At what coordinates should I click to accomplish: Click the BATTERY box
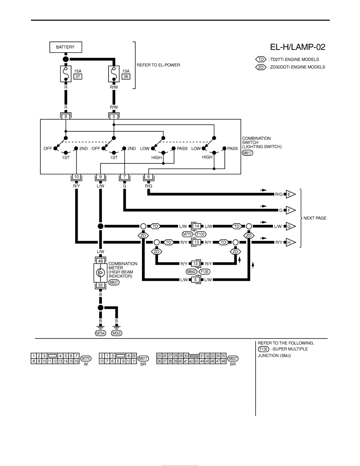pyautogui.click(x=65, y=47)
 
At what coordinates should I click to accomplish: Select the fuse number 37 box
pyautogui.click(x=78, y=76)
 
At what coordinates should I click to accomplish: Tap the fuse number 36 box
pyautogui.click(x=126, y=76)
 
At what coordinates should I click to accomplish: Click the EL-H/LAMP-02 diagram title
pyautogui.click(x=298, y=47)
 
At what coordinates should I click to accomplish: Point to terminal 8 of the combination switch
pyautogui.click(x=66, y=116)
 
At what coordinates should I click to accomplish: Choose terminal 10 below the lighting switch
pyautogui.click(x=76, y=177)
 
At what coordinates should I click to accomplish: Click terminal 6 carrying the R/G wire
pyautogui.click(x=149, y=177)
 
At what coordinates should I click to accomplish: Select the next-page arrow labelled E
pyautogui.click(x=291, y=195)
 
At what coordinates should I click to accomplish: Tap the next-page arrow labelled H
pyautogui.click(x=291, y=242)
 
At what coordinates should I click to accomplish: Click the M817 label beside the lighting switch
pyautogui.click(x=247, y=153)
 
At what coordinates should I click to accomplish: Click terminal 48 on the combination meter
pyautogui.click(x=101, y=261)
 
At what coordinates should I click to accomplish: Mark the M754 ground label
pyautogui.click(x=100, y=333)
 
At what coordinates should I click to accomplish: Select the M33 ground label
pyautogui.click(x=117, y=333)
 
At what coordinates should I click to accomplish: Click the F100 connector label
pyautogui.click(x=201, y=234)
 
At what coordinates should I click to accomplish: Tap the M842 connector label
pyautogui.click(x=191, y=271)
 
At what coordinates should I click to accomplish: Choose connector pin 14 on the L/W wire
pyautogui.click(x=196, y=226)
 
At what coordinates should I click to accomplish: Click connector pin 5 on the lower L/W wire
pyautogui.click(x=195, y=280)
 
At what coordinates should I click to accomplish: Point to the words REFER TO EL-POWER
pyautogui.click(x=158, y=65)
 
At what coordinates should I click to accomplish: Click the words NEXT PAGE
pyautogui.click(x=315, y=218)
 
